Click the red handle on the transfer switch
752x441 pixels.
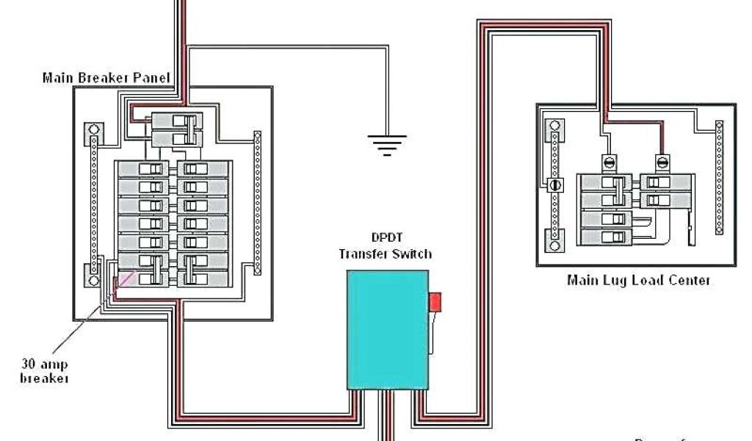coord(435,302)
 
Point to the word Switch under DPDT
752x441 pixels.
coord(412,254)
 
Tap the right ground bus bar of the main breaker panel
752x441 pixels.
coord(257,203)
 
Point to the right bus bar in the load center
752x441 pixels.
coord(718,177)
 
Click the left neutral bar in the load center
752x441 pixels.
coord(555,184)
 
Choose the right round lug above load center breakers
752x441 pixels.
coord(661,161)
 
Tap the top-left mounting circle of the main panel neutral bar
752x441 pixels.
coord(93,132)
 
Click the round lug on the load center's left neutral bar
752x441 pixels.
coord(555,184)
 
